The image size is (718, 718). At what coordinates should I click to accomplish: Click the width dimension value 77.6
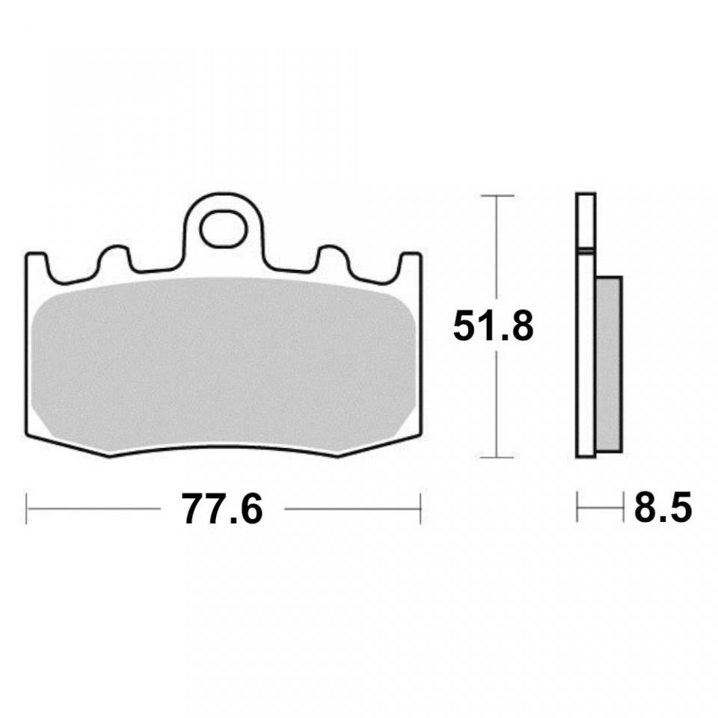point(222,510)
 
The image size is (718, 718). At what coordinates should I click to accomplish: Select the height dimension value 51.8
point(494,327)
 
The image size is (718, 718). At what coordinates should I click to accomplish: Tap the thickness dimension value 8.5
point(663,510)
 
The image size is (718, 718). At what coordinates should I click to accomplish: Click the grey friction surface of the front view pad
point(224,366)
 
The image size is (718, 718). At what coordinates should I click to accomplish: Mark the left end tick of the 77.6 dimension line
point(27,509)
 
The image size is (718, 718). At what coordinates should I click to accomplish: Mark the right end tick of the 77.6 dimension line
point(420,509)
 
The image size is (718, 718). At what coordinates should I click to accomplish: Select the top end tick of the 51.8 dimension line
point(497,195)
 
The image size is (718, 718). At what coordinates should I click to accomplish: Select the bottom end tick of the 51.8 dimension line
point(497,457)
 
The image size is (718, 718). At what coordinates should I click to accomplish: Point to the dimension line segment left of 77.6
point(93,509)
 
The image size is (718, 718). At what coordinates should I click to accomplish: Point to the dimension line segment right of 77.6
point(352,509)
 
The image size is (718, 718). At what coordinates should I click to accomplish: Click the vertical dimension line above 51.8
point(497,247)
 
